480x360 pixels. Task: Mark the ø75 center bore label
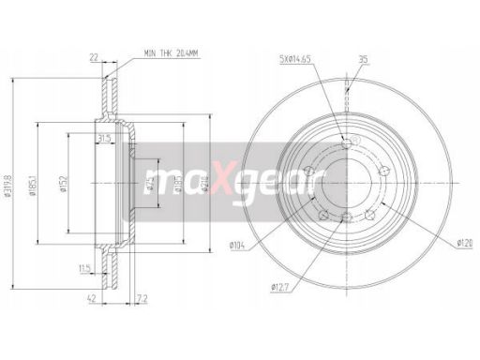tap(149, 182)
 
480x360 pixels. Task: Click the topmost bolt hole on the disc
tap(348, 142)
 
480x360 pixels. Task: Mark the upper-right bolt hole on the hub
tap(382, 169)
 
